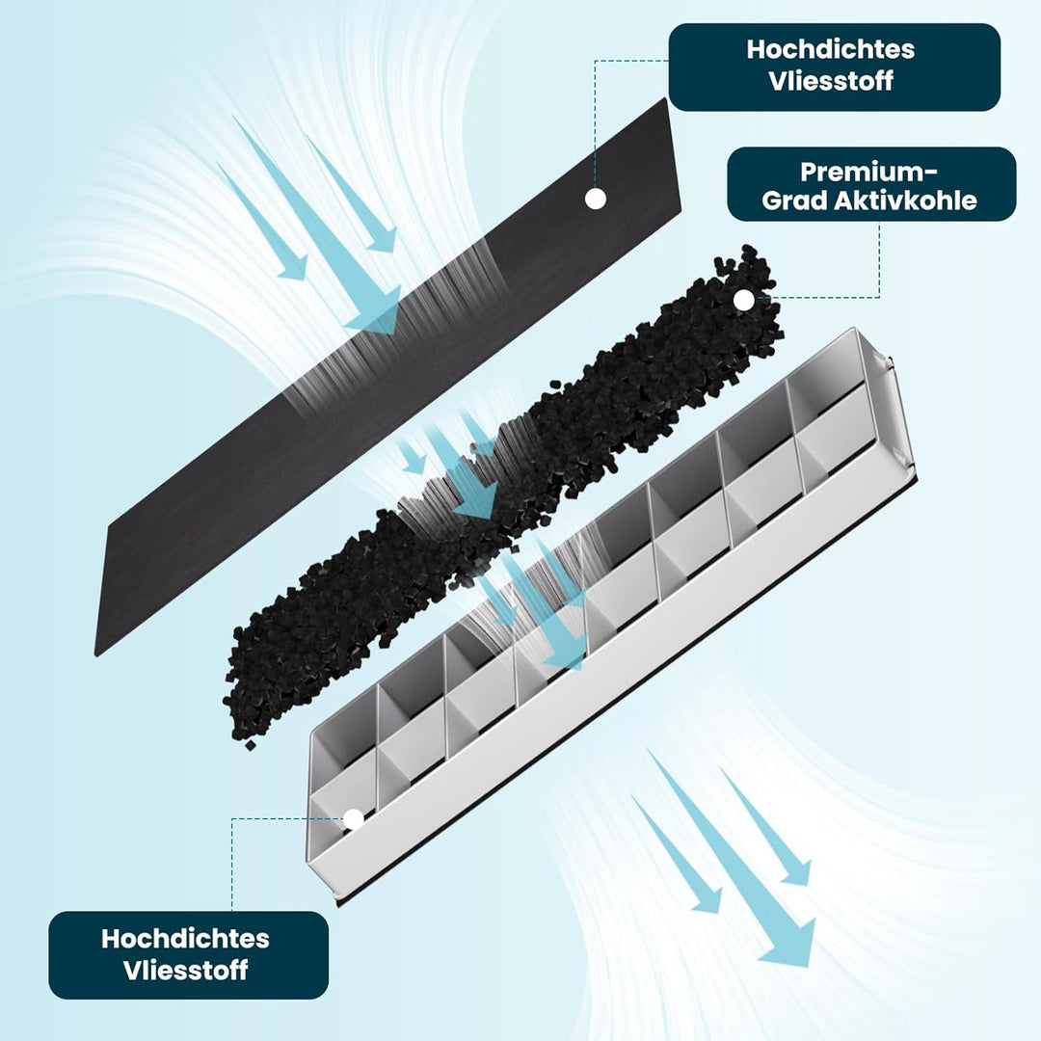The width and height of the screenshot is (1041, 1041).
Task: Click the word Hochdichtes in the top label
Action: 831,50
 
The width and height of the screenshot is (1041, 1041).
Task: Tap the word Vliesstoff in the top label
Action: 831,80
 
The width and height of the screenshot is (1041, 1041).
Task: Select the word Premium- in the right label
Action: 868,172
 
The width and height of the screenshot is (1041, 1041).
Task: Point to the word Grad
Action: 794,200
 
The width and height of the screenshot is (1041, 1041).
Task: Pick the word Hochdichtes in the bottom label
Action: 185,939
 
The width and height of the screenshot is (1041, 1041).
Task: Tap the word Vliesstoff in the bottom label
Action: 185,970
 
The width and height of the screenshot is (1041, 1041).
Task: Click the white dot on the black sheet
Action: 596,199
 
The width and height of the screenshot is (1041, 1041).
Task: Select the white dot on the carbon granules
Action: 744,301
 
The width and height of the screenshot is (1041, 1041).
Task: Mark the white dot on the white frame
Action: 353,819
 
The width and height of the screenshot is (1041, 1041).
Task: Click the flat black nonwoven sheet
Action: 391,379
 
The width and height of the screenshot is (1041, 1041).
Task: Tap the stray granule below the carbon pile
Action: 251,745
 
